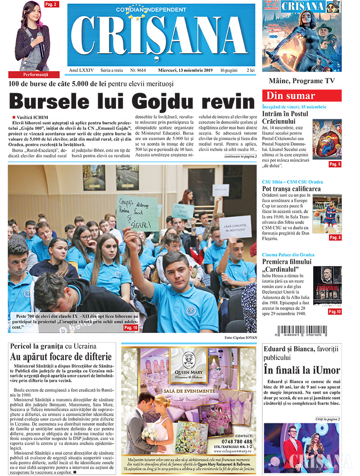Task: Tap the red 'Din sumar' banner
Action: tap(301, 95)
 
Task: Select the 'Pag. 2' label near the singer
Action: tap(50, 4)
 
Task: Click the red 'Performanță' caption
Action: tap(34, 74)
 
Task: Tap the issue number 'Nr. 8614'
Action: tap(138, 71)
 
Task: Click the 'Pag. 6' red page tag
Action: tap(335, 165)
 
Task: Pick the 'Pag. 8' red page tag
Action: tap(335, 237)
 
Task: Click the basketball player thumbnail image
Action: tap(327, 213)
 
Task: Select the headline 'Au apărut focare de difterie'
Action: tap(61, 357)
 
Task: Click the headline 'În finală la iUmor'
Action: tap(301, 371)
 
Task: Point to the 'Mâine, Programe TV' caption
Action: tap(301, 81)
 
